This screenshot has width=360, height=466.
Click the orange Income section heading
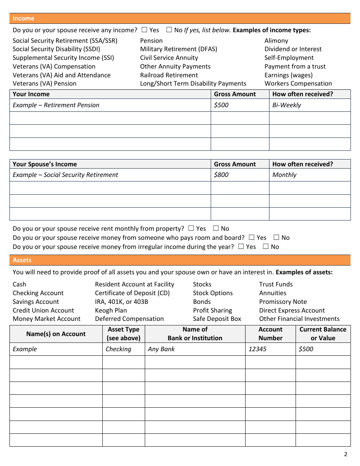click(x=23, y=18)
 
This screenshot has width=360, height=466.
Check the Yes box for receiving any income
click(x=144, y=30)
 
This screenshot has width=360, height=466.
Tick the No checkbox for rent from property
click(x=216, y=228)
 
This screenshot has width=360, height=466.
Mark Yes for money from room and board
click(x=252, y=238)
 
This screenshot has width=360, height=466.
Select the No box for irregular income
click(x=266, y=247)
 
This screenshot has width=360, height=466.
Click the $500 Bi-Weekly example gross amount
click(x=221, y=105)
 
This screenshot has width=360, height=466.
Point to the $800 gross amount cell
click(x=221, y=175)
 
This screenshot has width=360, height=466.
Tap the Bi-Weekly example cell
click(x=286, y=105)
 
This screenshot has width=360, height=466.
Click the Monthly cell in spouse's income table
click(x=284, y=175)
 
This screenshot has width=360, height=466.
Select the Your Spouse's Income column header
click(x=45, y=164)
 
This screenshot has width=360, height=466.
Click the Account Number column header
click(x=270, y=334)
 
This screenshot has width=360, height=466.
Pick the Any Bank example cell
click(x=161, y=349)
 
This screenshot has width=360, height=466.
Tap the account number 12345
click(x=257, y=349)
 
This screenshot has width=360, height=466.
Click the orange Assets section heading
click(x=22, y=260)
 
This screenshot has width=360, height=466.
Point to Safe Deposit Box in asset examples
click(x=217, y=319)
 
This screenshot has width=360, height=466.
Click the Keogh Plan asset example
click(x=111, y=310)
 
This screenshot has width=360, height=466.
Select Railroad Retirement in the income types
click(x=169, y=75)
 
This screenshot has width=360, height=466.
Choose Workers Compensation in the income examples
click(x=298, y=83)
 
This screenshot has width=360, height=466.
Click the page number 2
click(x=345, y=454)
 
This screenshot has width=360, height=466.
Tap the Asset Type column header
click(x=124, y=334)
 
